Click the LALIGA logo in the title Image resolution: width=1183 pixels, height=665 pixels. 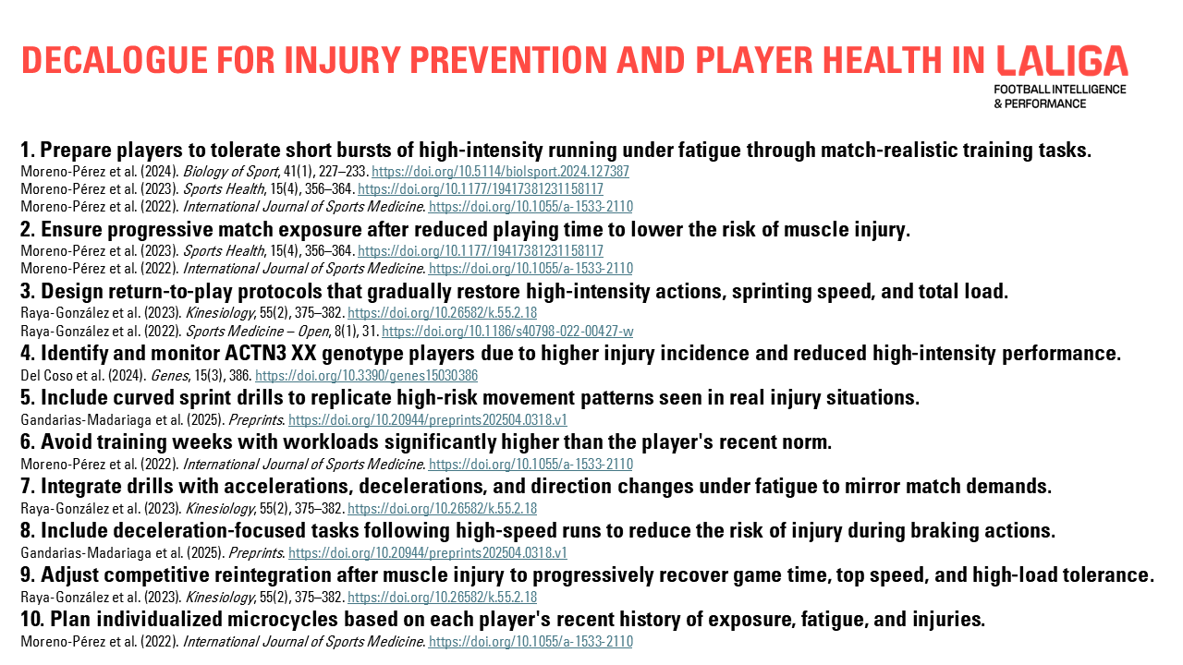click(x=1062, y=60)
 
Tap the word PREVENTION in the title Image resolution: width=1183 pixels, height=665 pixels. click(x=508, y=60)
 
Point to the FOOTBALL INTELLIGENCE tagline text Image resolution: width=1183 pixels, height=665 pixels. click(x=1060, y=90)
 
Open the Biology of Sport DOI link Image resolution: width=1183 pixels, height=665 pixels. click(x=500, y=172)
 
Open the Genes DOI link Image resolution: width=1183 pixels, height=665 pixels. click(x=367, y=376)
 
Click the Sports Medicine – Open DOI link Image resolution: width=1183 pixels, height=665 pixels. click(x=507, y=332)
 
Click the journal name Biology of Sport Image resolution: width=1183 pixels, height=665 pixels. click(x=230, y=172)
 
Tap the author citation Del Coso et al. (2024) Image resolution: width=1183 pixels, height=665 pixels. click(x=83, y=376)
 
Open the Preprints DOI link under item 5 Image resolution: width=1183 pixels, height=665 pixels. click(x=428, y=420)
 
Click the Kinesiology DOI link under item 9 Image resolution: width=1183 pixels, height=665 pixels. click(x=442, y=598)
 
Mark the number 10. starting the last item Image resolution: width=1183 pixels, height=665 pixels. click(x=31, y=619)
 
